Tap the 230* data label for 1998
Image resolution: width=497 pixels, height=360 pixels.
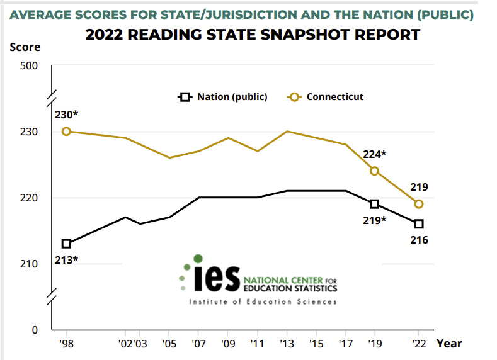point(66,115)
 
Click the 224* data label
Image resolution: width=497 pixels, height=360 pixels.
point(375,154)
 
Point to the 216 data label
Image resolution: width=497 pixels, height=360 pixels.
point(419,240)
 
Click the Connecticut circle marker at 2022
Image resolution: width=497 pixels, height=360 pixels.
point(419,204)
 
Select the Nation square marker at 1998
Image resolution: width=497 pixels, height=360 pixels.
point(66,244)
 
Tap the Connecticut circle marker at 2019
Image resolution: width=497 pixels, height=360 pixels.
point(374,171)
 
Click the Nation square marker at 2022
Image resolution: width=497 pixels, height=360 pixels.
point(419,224)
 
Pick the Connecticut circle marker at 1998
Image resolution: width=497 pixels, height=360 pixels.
point(66,131)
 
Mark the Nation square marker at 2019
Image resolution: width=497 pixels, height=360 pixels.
point(374,204)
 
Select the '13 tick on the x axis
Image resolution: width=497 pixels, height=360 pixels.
point(287,344)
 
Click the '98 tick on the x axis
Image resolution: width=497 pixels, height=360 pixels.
point(66,344)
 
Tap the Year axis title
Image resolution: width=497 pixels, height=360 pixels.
point(450,344)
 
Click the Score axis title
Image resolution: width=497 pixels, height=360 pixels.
point(25,47)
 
